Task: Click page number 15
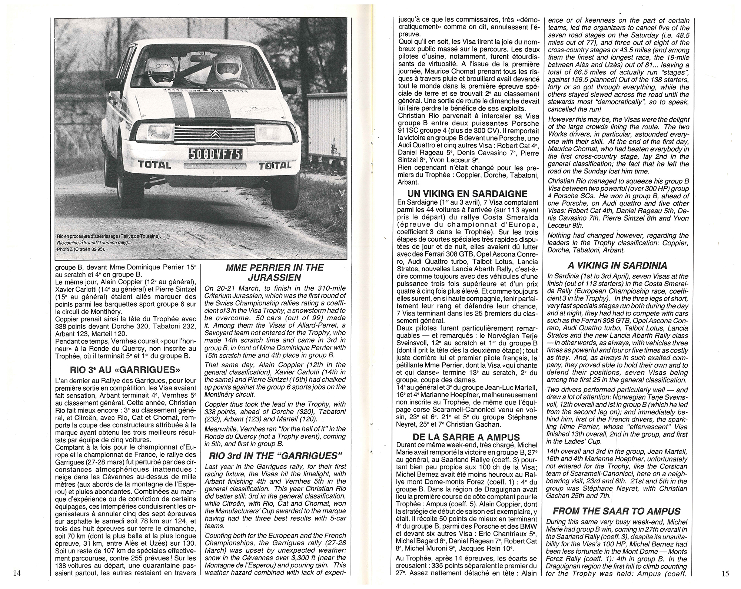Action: pos(725,573)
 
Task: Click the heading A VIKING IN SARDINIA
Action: pos(618,265)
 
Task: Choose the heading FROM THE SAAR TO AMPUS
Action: pos(618,512)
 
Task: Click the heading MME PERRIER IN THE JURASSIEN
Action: pos(275,272)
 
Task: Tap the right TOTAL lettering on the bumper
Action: pos(275,165)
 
